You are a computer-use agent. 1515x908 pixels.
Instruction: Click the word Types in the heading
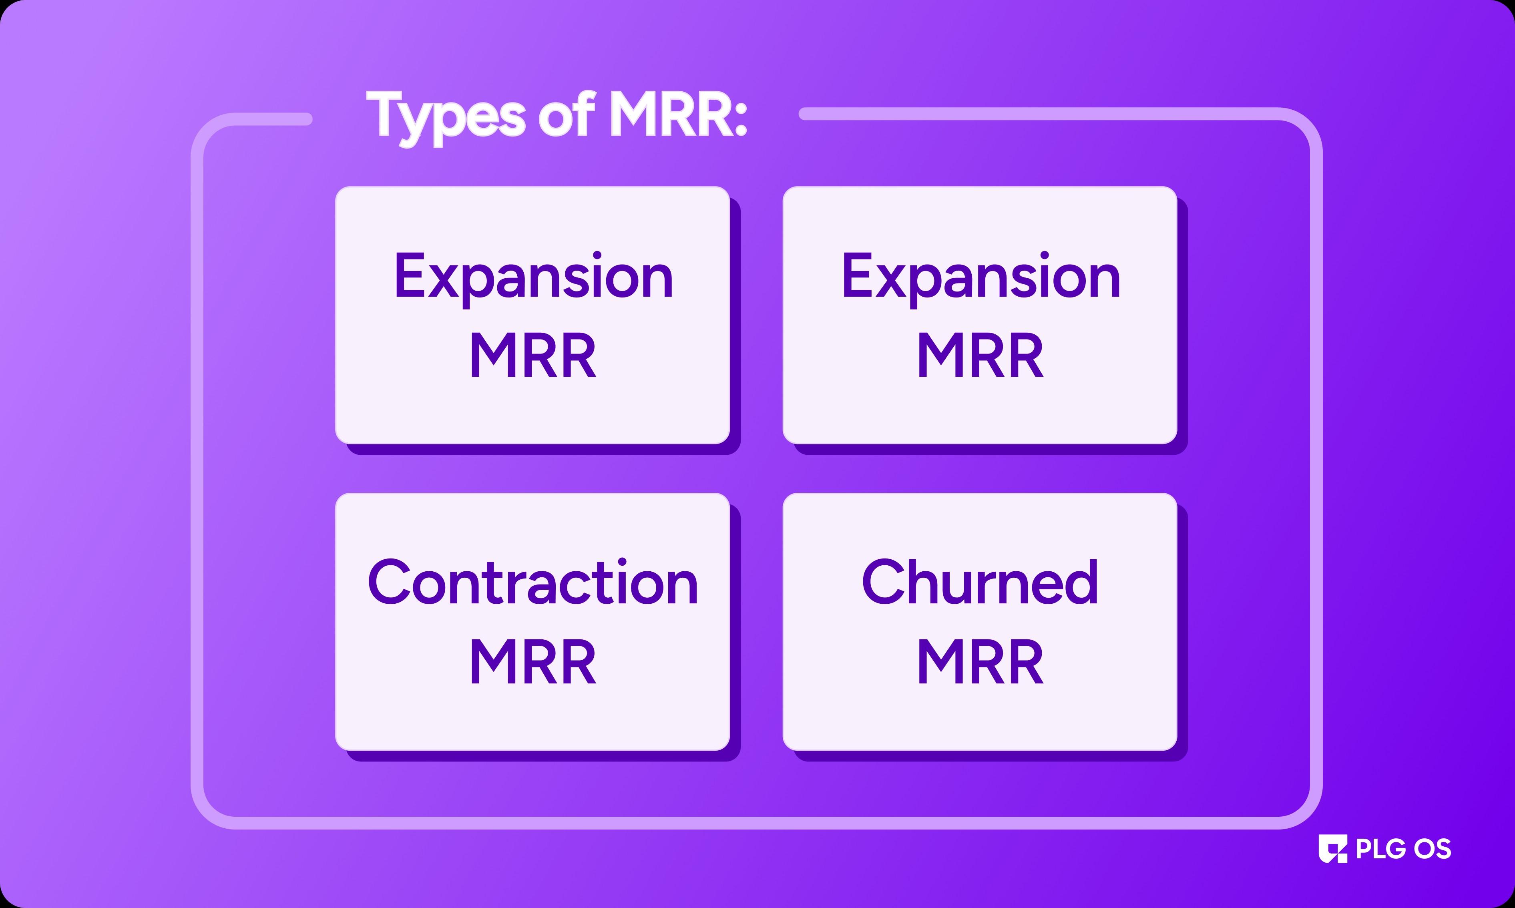[446, 116]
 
